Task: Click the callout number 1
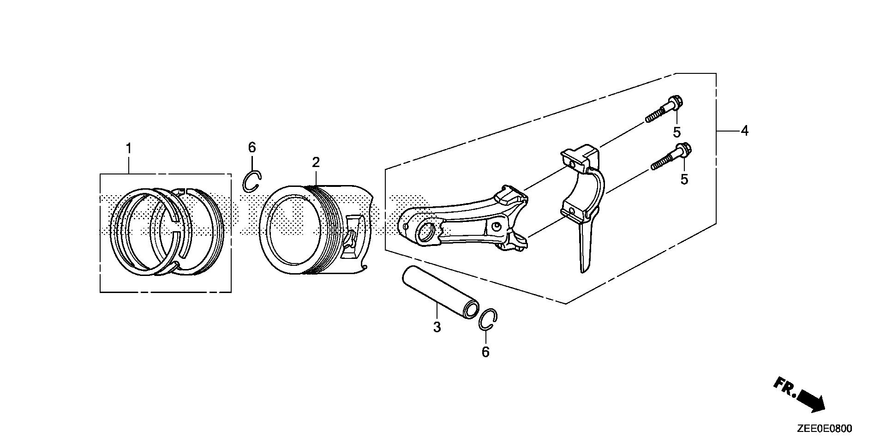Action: (129, 149)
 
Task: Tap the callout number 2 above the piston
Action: (316, 162)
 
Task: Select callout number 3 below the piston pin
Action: (437, 327)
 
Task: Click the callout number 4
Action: (744, 131)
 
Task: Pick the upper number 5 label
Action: (676, 132)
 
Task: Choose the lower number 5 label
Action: (684, 179)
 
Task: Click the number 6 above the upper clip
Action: (252, 148)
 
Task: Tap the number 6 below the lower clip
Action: (485, 352)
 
